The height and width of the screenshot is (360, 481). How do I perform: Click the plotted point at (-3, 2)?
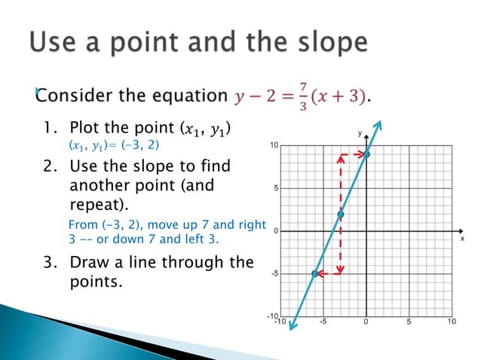(341, 215)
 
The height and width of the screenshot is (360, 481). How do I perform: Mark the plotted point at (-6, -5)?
(315, 273)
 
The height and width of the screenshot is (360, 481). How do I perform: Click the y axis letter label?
(360, 133)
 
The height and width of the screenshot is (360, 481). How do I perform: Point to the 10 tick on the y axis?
(277, 145)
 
